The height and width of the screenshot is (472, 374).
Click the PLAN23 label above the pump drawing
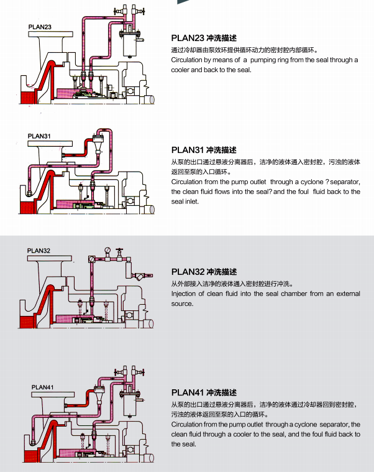click(40, 27)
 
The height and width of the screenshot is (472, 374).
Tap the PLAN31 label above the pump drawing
click(40, 136)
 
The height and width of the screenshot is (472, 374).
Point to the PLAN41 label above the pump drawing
click(43, 387)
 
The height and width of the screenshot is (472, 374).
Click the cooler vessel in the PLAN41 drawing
click(130, 407)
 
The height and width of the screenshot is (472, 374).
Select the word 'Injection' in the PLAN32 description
click(184, 294)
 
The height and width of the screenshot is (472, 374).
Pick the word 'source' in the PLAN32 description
click(182, 303)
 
